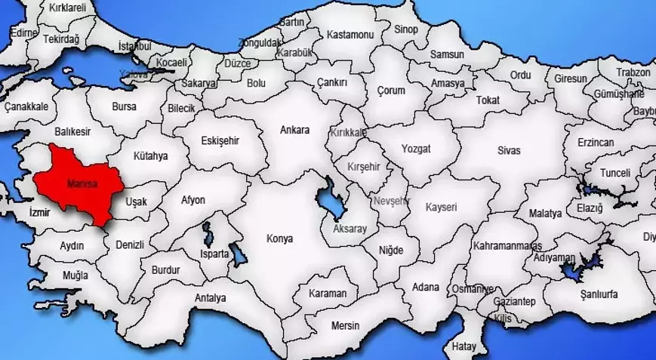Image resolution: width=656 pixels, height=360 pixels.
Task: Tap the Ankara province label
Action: [294, 130]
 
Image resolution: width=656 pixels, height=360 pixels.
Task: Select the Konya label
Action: [279, 238]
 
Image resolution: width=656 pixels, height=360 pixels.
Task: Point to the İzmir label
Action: [39, 213]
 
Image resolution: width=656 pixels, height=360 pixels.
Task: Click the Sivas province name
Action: [509, 150]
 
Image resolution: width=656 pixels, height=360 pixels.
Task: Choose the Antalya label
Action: [210, 297]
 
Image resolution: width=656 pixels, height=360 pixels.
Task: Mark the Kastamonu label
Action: [350, 35]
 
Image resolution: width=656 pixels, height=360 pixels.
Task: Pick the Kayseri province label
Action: [442, 206]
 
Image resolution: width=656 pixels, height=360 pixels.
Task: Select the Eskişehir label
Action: [220, 140]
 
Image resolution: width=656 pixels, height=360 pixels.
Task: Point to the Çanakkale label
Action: [26, 107]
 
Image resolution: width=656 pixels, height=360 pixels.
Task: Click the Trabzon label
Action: [633, 72]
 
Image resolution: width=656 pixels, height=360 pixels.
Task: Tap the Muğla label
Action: [75, 274]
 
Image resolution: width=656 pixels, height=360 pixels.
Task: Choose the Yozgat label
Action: [416, 149]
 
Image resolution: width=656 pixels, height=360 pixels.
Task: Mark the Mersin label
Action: [346, 325]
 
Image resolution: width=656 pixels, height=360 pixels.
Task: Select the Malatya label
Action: [545, 214]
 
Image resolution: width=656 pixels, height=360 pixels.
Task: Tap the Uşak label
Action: [136, 202]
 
